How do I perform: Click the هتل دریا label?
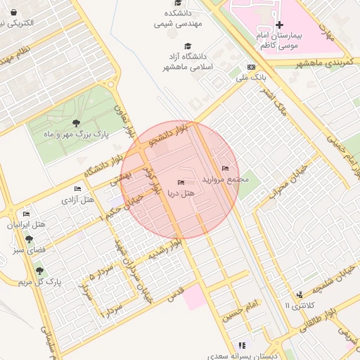181,193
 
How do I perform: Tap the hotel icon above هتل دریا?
181,183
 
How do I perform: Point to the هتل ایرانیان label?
26,225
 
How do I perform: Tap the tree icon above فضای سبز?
28,239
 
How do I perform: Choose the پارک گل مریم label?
40,281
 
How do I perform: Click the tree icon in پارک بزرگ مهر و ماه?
75,124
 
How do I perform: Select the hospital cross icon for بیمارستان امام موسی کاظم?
278,25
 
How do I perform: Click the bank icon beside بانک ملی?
252,67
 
